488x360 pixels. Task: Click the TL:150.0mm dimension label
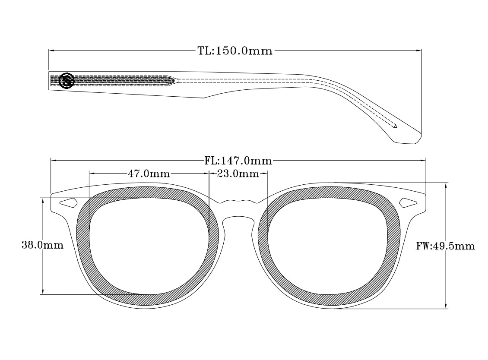235,51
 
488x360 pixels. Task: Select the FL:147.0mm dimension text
238,161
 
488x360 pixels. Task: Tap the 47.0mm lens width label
149,174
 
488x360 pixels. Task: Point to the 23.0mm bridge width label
238,174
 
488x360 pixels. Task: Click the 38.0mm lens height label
42,246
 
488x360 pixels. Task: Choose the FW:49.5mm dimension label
445,246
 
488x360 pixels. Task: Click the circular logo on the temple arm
67,80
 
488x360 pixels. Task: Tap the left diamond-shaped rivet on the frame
68,202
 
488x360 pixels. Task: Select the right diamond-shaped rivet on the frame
409,202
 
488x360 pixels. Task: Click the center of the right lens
329,246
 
